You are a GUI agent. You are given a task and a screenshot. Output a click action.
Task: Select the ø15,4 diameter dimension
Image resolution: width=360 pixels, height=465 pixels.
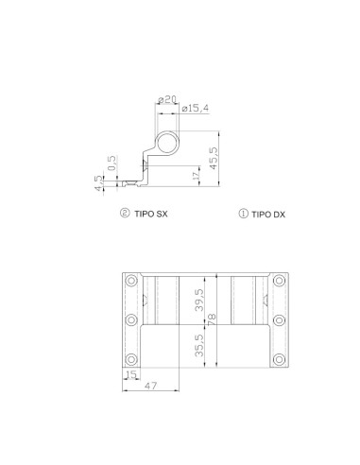click(195, 109)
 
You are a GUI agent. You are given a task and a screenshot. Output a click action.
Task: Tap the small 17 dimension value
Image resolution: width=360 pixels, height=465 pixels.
click(196, 174)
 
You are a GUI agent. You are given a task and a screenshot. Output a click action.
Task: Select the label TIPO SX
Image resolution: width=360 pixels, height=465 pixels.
click(150, 215)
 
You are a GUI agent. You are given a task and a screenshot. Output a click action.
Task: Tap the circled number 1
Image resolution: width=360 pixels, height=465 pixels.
click(244, 215)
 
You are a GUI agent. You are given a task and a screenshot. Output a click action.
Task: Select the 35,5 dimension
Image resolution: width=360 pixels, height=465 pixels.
click(198, 344)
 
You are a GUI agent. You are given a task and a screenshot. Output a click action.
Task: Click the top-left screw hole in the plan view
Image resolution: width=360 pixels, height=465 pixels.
click(130, 282)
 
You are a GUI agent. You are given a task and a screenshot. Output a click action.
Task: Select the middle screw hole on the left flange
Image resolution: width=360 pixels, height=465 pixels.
click(130, 320)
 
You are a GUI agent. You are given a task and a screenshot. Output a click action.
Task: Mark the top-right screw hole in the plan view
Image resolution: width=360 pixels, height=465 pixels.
click(280, 282)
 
